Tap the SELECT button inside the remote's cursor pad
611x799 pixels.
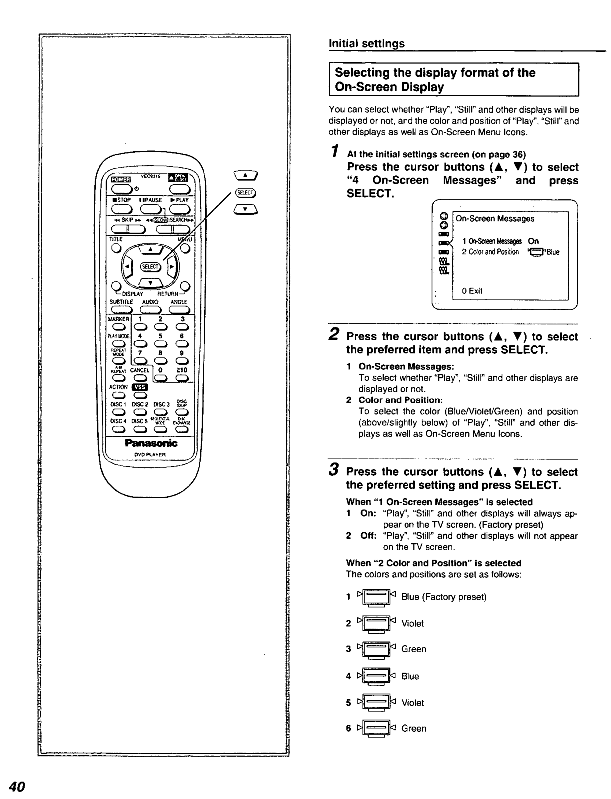point(150,267)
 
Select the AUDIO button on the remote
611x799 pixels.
point(150,310)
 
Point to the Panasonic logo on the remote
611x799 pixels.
point(150,443)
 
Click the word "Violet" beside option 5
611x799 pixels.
point(412,703)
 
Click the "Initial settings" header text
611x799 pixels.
point(366,44)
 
